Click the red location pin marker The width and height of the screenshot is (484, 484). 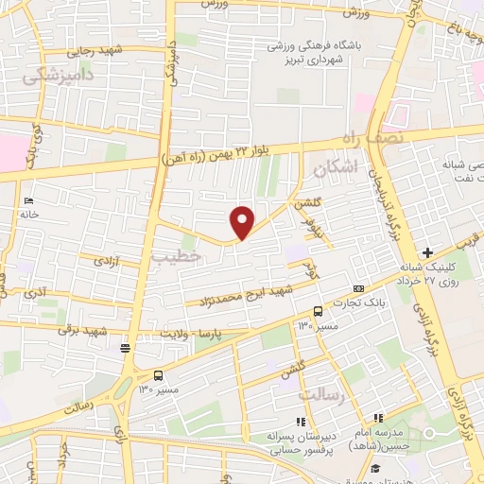(243, 222)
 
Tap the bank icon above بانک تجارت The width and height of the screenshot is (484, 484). (358, 287)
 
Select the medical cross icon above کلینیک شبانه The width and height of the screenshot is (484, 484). (427, 252)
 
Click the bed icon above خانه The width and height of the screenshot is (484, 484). (28, 200)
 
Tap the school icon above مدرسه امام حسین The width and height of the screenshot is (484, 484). (377, 418)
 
